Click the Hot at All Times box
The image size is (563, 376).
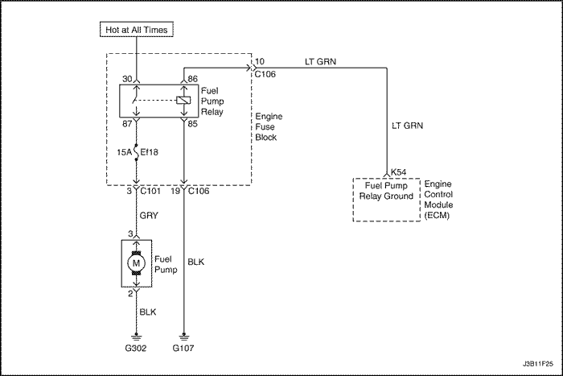point(137,30)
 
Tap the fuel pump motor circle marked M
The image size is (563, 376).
point(136,263)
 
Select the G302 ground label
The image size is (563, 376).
point(136,348)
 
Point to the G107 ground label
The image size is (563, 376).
point(183,348)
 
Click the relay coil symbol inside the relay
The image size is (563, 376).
point(184,101)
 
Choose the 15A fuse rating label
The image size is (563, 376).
point(124,152)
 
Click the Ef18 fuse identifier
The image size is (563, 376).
point(149,152)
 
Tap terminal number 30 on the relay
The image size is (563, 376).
point(127,79)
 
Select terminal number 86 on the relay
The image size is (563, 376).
point(192,79)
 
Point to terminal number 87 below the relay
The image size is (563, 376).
point(127,124)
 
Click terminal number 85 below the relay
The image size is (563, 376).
point(192,124)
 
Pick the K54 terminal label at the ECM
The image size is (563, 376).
point(399,172)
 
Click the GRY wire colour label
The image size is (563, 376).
point(149,216)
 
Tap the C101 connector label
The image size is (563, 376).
point(150,191)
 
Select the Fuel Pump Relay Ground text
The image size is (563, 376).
point(386,191)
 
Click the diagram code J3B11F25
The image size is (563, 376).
point(538,364)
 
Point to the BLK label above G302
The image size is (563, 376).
point(148,312)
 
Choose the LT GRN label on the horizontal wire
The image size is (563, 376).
point(321,62)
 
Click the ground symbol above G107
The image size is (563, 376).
point(184,337)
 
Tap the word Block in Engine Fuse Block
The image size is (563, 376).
point(266,138)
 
